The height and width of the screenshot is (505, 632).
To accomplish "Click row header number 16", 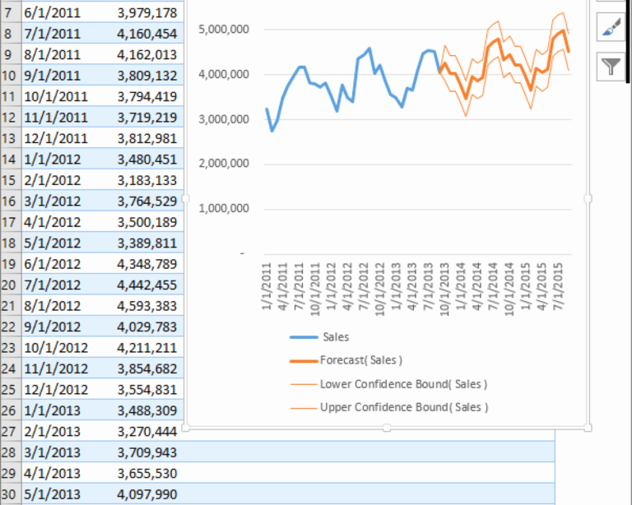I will coord(9,202).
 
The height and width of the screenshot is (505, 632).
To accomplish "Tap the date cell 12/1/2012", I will coord(56,389).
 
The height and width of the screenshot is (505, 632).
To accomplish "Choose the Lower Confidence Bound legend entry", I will coord(403,384).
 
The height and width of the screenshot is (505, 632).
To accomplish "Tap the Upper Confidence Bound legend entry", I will coord(403,407).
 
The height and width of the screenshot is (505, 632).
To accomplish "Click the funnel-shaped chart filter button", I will coord(611,67).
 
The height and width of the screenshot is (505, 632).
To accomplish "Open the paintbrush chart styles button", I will coord(611,30).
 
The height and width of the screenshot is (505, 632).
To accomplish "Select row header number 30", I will coord(9,494).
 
